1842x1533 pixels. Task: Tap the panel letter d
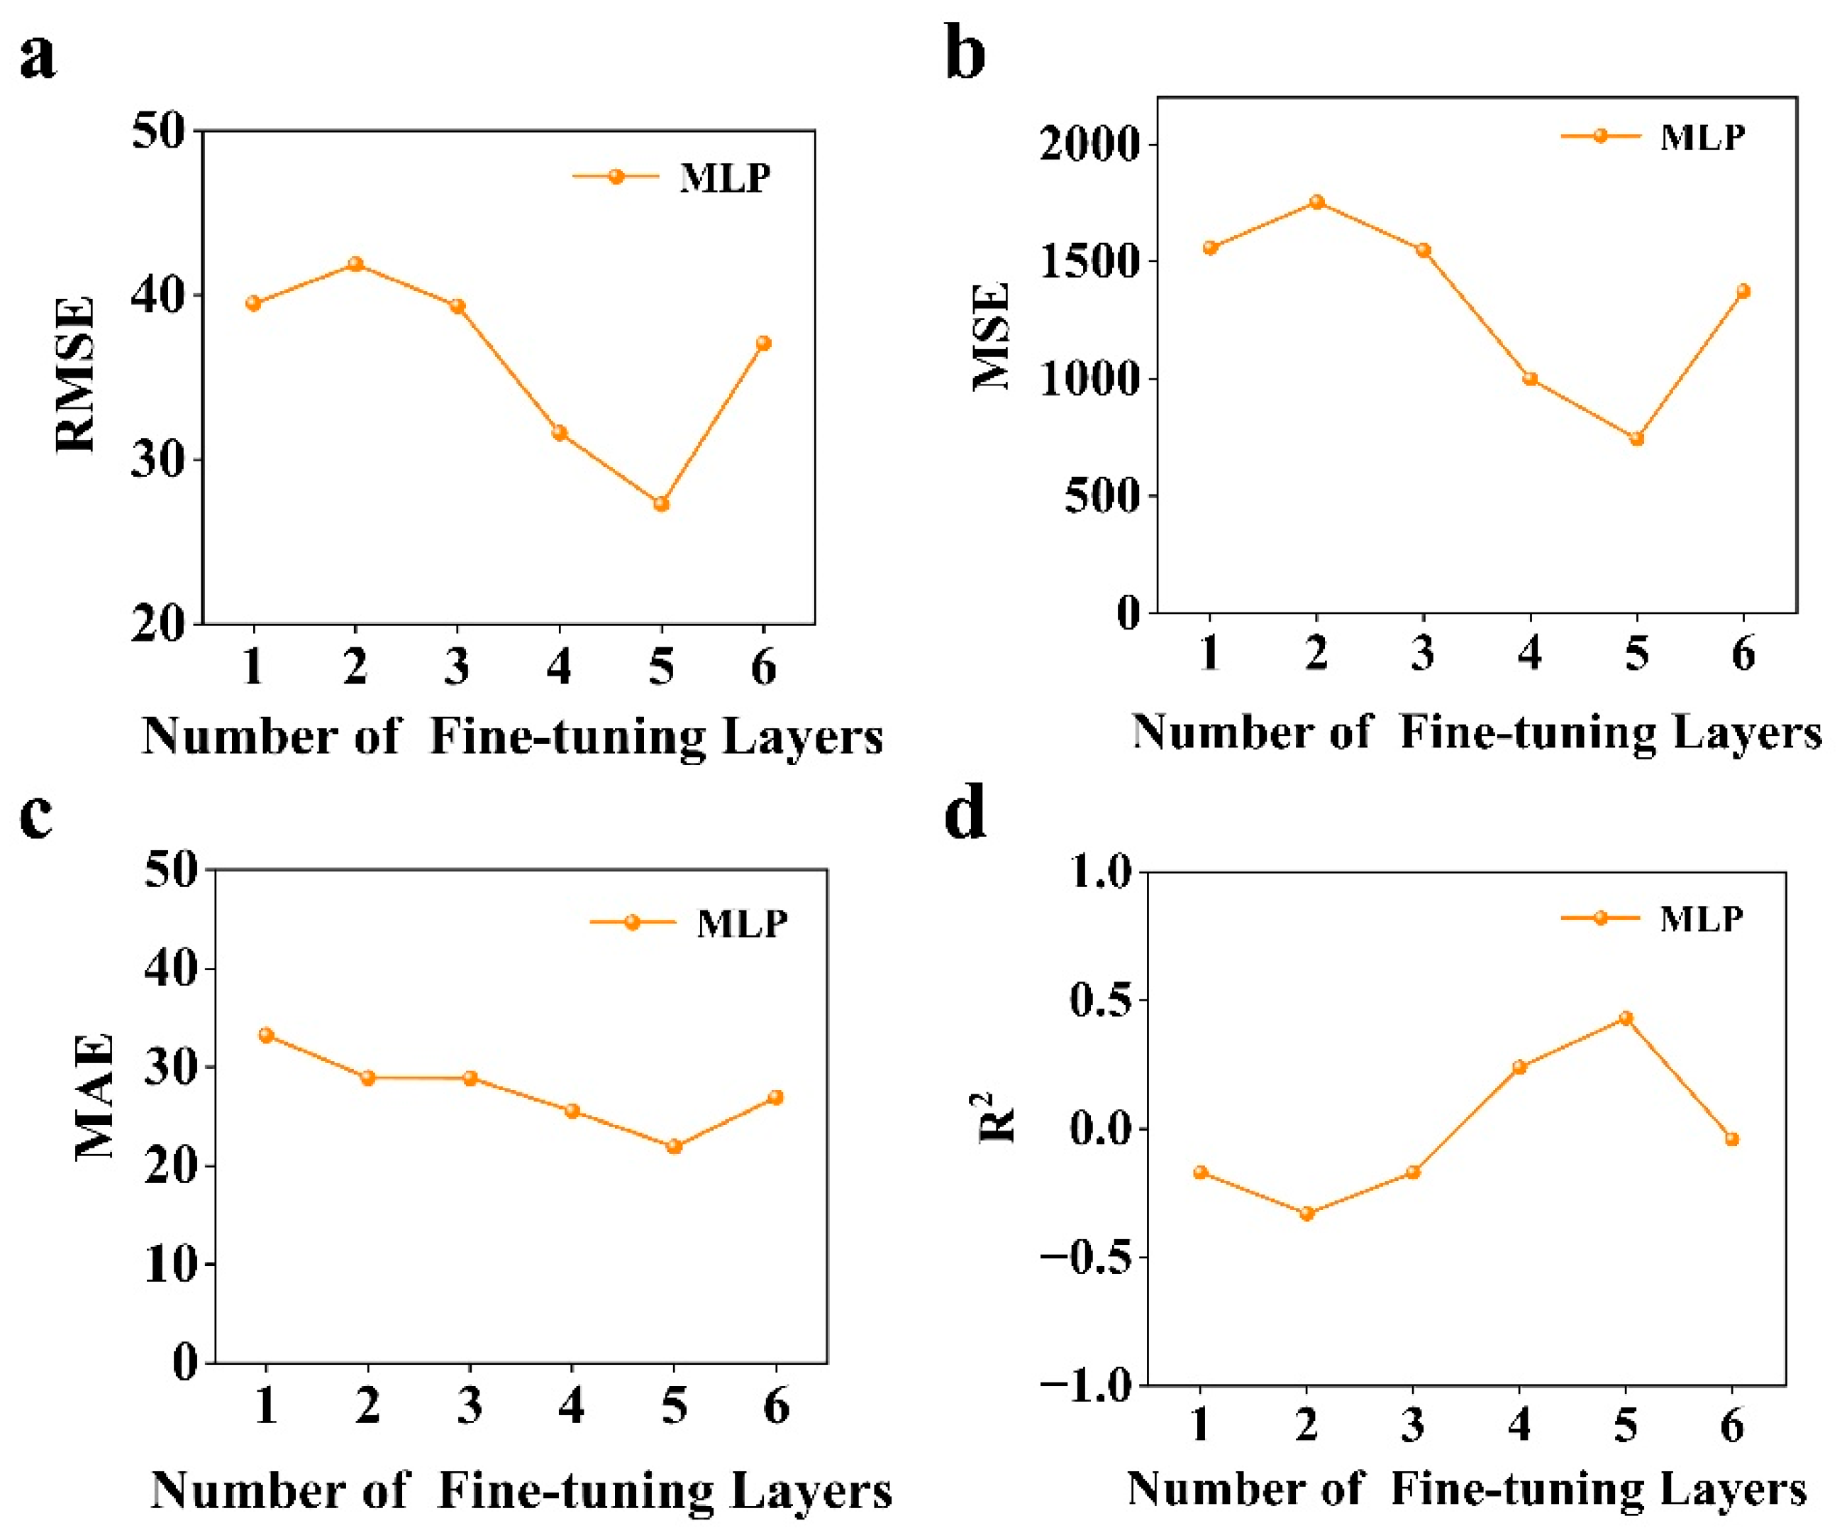tap(965, 813)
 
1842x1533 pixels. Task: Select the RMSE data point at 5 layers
tap(661, 504)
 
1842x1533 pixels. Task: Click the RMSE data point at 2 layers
tap(355, 264)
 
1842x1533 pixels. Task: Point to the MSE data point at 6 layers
tap(1743, 291)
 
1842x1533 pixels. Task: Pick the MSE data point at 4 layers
tap(1530, 379)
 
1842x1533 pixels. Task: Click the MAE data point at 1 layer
tap(266, 1035)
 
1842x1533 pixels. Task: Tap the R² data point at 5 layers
tap(1626, 1018)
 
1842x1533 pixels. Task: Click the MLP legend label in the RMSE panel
tap(724, 177)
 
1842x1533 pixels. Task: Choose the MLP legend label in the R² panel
tap(1701, 919)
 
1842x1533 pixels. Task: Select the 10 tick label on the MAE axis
tap(171, 1265)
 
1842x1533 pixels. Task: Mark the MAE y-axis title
tap(95, 1098)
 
